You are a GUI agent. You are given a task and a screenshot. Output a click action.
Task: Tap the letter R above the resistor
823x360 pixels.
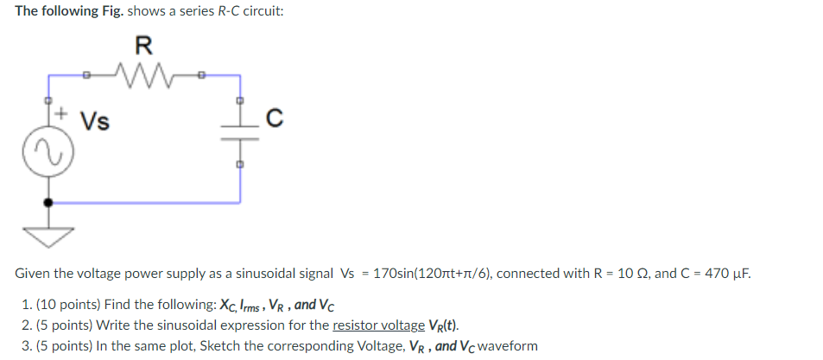click(143, 44)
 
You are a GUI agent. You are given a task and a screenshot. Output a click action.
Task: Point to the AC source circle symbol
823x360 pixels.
click(47, 155)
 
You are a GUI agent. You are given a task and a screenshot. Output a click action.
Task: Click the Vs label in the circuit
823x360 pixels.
click(95, 121)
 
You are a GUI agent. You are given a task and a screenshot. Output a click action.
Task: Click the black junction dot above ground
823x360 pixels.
click(47, 202)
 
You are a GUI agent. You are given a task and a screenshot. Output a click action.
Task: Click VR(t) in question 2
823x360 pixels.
click(444, 325)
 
